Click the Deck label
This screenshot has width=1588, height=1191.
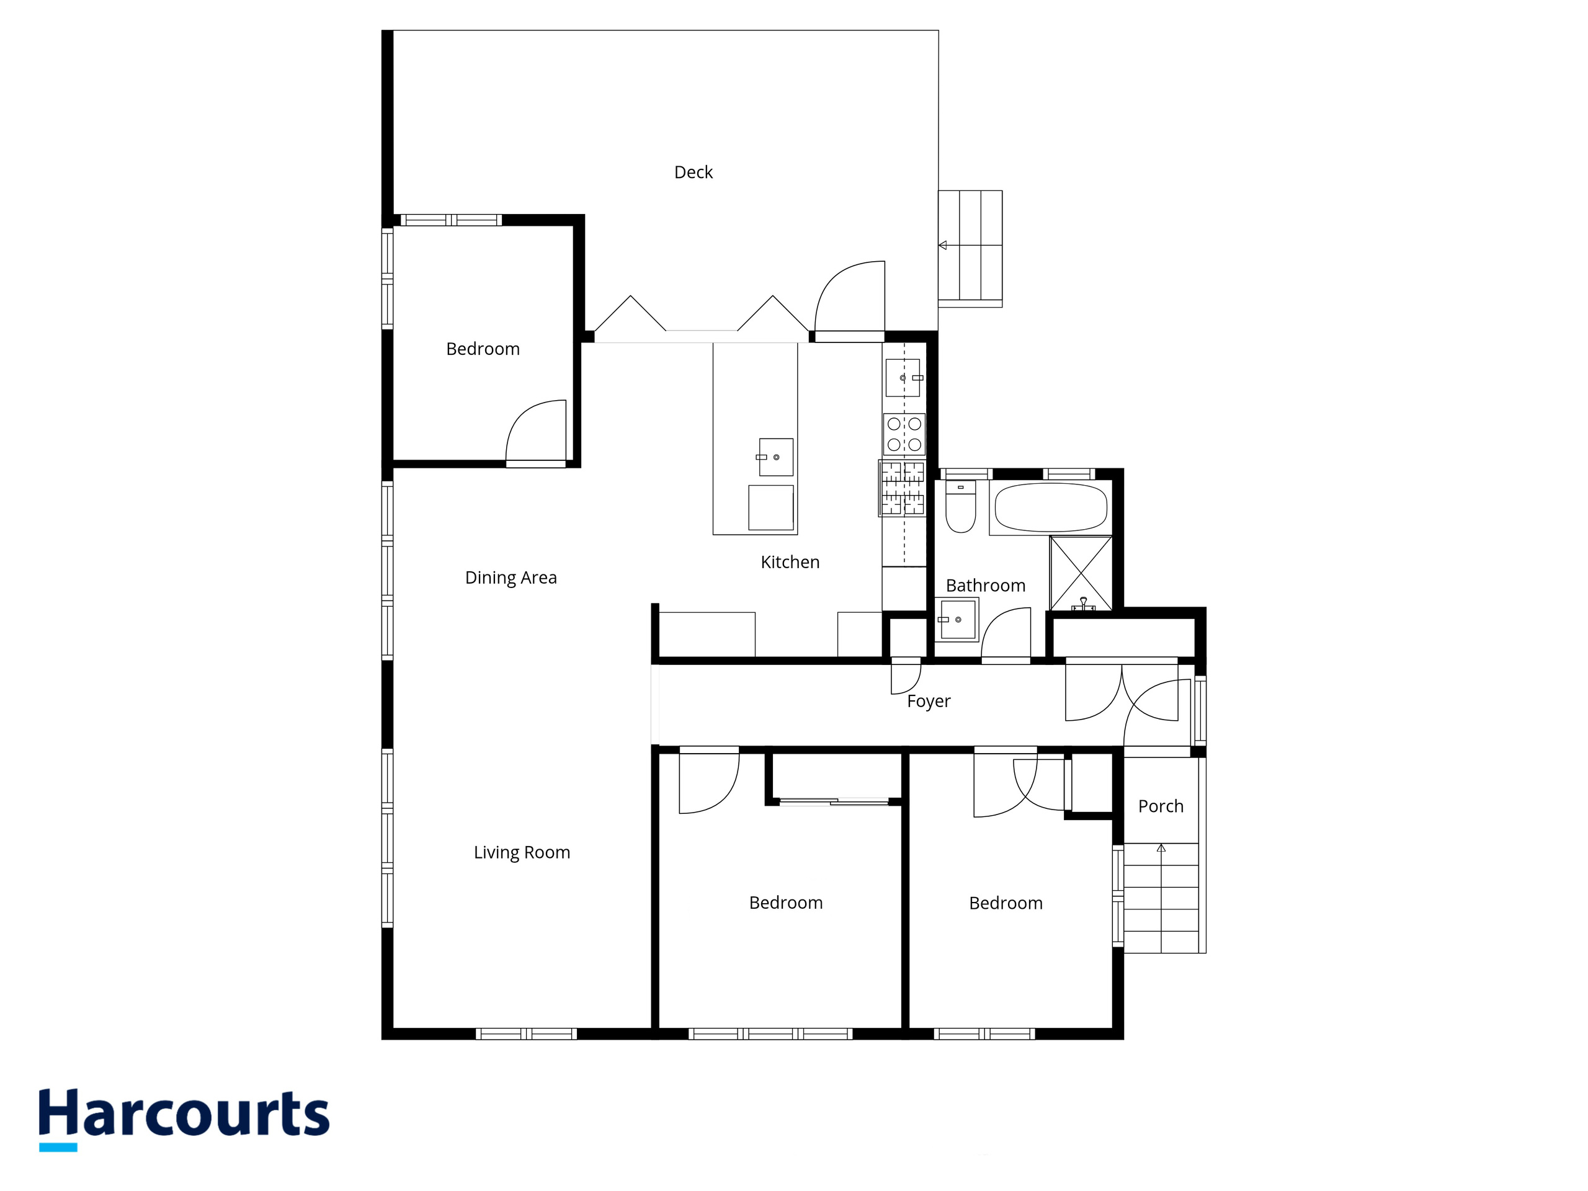point(693,172)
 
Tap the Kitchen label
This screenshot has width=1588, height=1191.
point(790,562)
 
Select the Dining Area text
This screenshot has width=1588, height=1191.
point(511,578)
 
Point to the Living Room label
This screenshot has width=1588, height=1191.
point(522,853)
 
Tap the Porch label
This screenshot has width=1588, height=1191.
point(1161,806)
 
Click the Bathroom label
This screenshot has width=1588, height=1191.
point(986,586)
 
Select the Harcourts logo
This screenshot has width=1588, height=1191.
point(184,1118)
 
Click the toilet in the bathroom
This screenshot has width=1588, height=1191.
point(960,507)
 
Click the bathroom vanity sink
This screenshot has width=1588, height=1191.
point(957,620)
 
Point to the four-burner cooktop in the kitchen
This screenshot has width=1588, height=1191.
point(904,434)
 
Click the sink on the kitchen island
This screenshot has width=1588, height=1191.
point(776,457)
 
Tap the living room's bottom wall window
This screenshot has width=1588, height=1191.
point(526,1034)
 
